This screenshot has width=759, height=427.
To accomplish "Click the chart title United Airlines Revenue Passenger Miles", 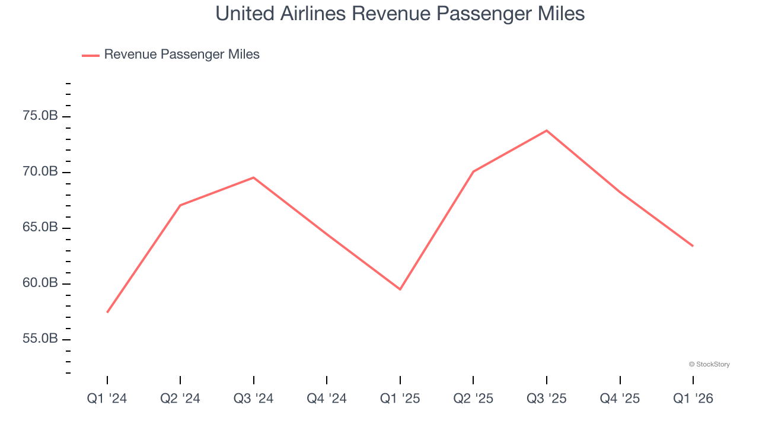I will pos(400,14).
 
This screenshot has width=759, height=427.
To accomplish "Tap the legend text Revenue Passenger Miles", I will pos(181,55).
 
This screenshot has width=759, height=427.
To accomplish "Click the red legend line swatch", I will pos(91,55).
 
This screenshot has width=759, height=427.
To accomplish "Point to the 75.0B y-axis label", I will pos(40,116).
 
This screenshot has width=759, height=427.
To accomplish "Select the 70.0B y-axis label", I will pos(40,172).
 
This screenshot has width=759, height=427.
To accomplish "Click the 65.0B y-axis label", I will pos(40,228).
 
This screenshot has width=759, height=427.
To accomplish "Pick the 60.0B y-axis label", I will pos(40,283).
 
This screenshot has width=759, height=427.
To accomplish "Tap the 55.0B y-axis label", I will pos(40,339).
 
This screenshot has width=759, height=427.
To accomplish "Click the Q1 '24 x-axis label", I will pos(107,399).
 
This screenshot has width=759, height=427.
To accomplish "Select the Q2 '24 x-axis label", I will pos(180,399).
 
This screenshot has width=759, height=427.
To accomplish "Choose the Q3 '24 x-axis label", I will pos(254,399).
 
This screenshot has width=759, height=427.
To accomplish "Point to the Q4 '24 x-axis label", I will pos(327,399).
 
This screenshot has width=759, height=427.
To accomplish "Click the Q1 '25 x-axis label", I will pos(400,399).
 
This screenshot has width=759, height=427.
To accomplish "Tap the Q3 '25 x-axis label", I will pos(547,399).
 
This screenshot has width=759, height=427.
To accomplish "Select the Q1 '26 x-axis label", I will pos(693,399).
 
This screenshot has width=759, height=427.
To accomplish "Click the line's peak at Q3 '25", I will pos(547,130).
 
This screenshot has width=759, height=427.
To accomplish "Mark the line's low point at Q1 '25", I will pos(400,289).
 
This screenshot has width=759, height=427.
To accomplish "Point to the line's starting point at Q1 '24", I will pos(107,312).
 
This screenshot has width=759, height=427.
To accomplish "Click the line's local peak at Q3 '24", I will pos(254,177).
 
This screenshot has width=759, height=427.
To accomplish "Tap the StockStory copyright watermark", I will pos(709,364).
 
